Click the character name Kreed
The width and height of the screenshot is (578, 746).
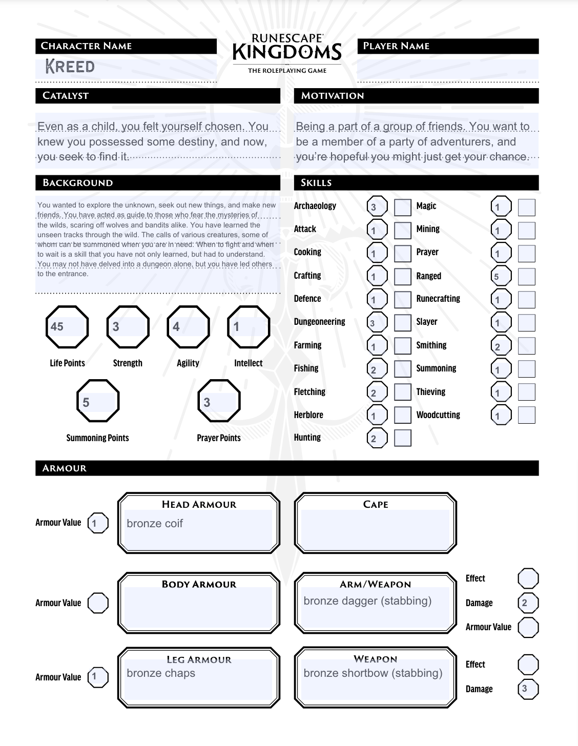pos(70,67)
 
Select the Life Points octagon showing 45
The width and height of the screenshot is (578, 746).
pos(67,327)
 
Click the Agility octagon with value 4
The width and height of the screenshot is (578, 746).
pos(188,327)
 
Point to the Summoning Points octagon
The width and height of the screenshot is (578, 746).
pos(97,401)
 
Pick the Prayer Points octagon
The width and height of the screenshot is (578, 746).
pos(219,401)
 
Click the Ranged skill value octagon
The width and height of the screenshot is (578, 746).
pos(501,277)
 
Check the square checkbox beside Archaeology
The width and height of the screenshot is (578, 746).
pos(402,207)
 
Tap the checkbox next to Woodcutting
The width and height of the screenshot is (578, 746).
pos(526,415)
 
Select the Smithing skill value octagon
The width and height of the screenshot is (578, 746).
pos(501,346)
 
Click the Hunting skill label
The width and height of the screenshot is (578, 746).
pos(307,438)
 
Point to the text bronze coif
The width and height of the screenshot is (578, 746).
pos(155,524)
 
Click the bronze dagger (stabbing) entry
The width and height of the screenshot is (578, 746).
pos(367,601)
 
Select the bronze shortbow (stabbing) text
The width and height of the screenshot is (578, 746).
pos(373,673)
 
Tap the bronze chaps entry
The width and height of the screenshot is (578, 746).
pos(161,673)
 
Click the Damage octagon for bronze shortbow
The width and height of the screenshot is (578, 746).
pos(528,689)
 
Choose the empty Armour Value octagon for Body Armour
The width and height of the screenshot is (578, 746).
pos(98,603)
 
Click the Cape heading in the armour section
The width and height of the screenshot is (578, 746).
pos(376,505)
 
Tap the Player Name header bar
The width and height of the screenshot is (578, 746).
pos(448,46)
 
